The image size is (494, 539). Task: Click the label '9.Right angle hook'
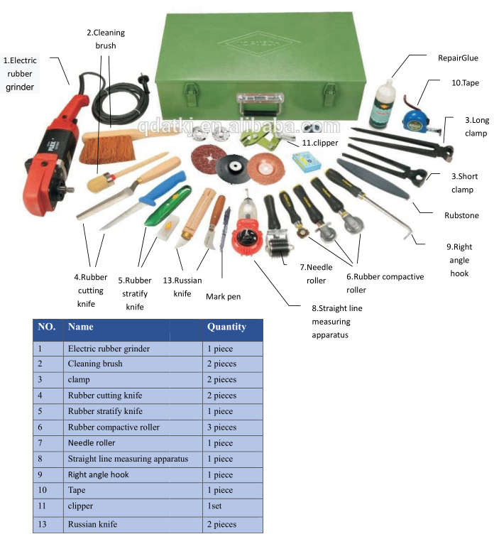point(459,260)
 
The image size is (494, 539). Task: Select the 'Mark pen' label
point(223,297)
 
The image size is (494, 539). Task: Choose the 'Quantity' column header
point(226,327)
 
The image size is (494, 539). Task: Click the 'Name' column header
point(80,327)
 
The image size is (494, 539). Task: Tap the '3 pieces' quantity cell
point(222,428)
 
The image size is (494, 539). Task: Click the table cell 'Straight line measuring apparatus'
point(128,459)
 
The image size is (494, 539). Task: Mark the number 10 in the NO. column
point(43,491)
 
